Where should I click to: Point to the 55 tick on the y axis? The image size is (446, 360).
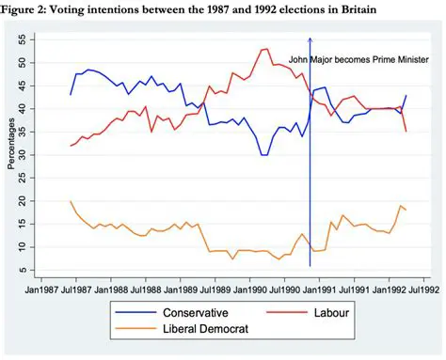point(22,40)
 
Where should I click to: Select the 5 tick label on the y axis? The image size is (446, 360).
point(22,271)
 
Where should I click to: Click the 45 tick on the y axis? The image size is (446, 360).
point(22,86)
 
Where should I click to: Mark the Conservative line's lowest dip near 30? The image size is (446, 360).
point(264,154)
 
